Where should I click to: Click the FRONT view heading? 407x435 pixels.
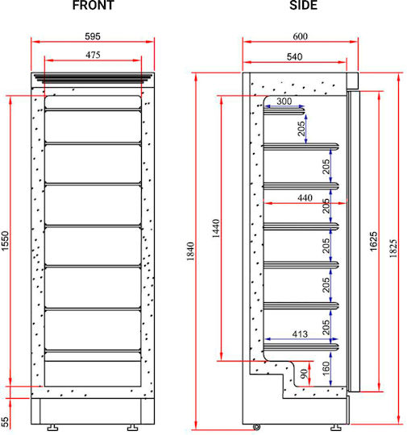(93, 6)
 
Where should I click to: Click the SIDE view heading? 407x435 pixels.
(303, 6)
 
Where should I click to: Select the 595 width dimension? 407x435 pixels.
(93, 36)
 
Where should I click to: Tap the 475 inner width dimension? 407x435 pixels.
(93, 55)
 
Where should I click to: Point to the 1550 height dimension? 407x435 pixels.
(6, 241)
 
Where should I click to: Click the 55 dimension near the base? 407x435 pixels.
(6, 421)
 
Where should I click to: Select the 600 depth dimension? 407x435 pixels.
(300, 36)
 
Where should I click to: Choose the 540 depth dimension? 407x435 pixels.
(294, 57)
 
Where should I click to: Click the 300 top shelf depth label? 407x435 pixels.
(284, 101)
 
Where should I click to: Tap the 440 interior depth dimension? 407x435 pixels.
(305, 198)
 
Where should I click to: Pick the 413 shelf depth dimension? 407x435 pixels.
(300, 333)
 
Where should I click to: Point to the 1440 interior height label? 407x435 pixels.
(216, 229)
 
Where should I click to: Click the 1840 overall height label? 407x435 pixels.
(190, 251)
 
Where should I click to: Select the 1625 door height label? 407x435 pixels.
(374, 242)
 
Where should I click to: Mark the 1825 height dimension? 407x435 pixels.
(392, 249)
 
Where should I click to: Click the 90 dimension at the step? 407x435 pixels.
(305, 374)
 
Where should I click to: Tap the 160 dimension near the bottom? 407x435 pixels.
(326, 369)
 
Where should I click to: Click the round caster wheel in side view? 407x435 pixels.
(256, 426)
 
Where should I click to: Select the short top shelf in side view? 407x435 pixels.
(284, 111)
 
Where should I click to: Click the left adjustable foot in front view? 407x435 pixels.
(52, 427)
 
